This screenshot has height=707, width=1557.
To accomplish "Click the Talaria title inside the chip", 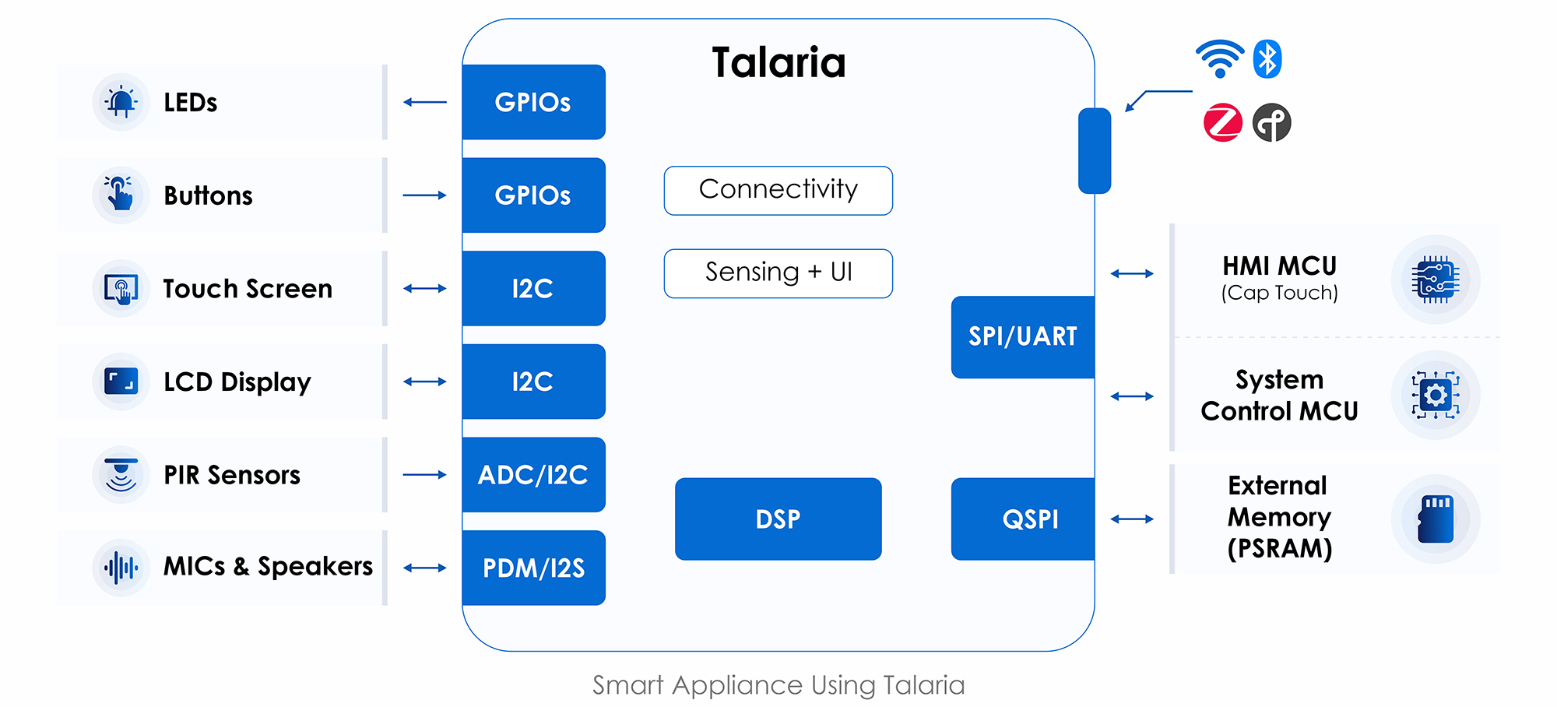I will (x=778, y=62).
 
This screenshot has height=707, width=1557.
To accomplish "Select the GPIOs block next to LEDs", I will (x=533, y=102).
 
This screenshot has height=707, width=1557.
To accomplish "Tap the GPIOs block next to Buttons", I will (x=533, y=195).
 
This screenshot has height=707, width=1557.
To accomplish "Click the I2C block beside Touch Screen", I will (x=533, y=288).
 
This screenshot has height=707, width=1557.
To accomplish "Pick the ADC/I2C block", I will (x=533, y=474).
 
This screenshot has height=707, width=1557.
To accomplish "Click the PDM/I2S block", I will (x=533, y=568).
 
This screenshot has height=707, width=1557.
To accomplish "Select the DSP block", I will (x=778, y=519).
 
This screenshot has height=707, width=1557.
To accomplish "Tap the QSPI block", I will (x=1024, y=519).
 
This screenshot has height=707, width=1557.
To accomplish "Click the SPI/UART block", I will (x=1023, y=336).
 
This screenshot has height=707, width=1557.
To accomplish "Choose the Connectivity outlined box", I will (x=778, y=190).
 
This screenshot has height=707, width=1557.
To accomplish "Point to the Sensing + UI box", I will (x=778, y=273).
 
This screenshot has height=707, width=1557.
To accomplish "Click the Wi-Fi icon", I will (x=1219, y=58).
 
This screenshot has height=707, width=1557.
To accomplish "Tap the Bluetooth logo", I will (x=1267, y=59).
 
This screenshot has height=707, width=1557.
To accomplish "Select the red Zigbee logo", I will (x=1223, y=122).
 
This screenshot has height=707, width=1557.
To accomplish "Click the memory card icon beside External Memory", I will (x=1436, y=519).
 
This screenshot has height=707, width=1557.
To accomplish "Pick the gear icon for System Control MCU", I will (x=1436, y=395).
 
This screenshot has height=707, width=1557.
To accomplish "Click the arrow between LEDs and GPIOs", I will (x=425, y=102).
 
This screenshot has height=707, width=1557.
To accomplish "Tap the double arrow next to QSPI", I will (x=1132, y=519).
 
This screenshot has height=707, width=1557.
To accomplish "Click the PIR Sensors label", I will (x=232, y=474).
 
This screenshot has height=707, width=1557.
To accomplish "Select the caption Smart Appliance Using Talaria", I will (x=778, y=685).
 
